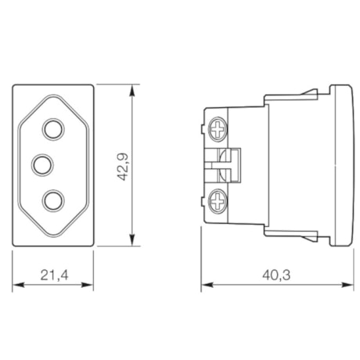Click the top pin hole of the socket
(x=53, y=126)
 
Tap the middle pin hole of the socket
(x=41, y=164)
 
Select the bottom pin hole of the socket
(x=53, y=200)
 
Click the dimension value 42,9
(x=123, y=164)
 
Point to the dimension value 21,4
(x=53, y=275)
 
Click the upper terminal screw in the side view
(x=218, y=125)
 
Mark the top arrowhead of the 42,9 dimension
(x=131, y=85)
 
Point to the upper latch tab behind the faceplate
(x=314, y=93)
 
